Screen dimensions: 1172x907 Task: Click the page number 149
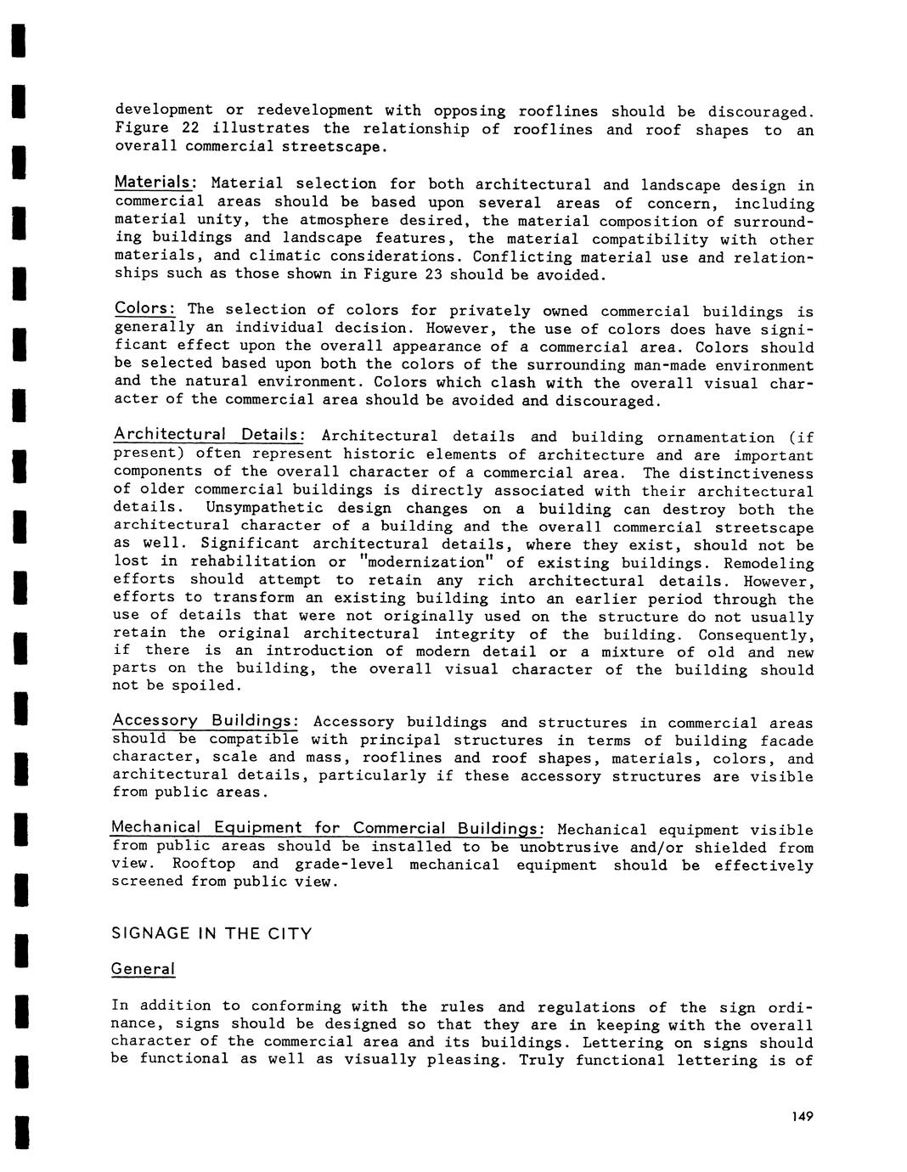point(800,1116)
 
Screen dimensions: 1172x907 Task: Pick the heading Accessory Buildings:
point(205,721)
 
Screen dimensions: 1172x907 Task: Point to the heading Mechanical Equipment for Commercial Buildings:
point(328,828)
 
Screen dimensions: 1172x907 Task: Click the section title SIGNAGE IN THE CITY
point(211,933)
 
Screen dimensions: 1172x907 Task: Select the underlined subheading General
point(143,969)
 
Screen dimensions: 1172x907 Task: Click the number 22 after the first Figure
point(191,128)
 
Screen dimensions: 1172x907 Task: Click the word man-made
point(665,364)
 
